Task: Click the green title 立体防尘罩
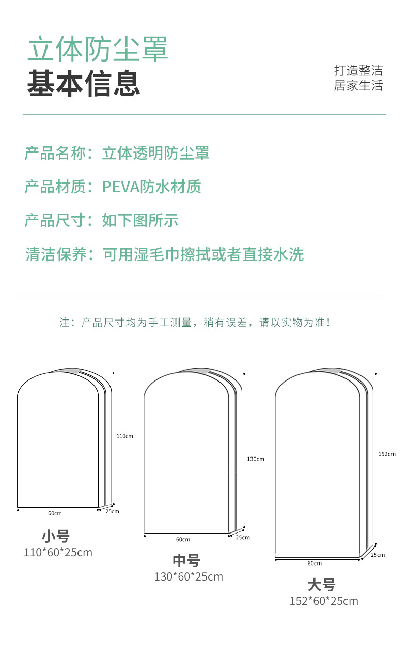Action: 98,50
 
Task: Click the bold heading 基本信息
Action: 84,83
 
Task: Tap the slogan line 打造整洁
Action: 358,71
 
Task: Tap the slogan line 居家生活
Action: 358,86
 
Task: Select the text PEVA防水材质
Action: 151,187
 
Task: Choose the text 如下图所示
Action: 140,220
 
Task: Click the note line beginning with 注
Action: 195,323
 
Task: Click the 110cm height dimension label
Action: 124,436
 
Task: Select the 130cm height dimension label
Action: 256,459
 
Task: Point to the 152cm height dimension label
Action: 387,454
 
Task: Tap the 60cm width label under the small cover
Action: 55,513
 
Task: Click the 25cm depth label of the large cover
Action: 378,555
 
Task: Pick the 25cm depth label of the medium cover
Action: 243,537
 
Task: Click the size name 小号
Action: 55,536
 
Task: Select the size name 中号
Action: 186,560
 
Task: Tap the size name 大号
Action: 321,585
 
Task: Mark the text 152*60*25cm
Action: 324,601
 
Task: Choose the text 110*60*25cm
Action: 58,552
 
